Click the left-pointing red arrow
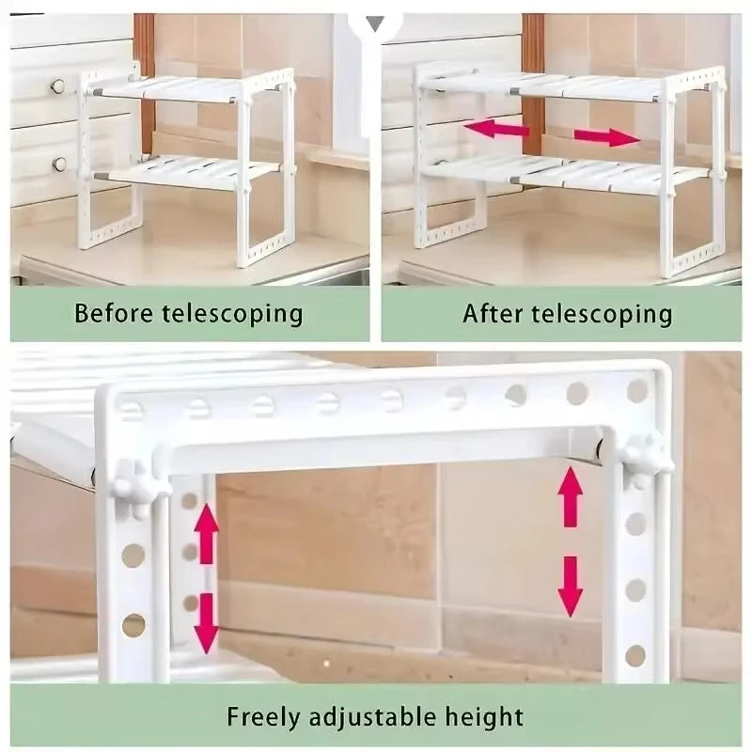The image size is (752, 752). (x=495, y=130)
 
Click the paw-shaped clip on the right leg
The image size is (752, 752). (x=647, y=460)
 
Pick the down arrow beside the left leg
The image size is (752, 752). (x=207, y=620)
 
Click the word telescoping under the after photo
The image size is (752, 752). (x=604, y=313)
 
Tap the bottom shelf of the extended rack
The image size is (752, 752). (x=564, y=173)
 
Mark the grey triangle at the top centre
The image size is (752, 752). (x=374, y=23)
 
